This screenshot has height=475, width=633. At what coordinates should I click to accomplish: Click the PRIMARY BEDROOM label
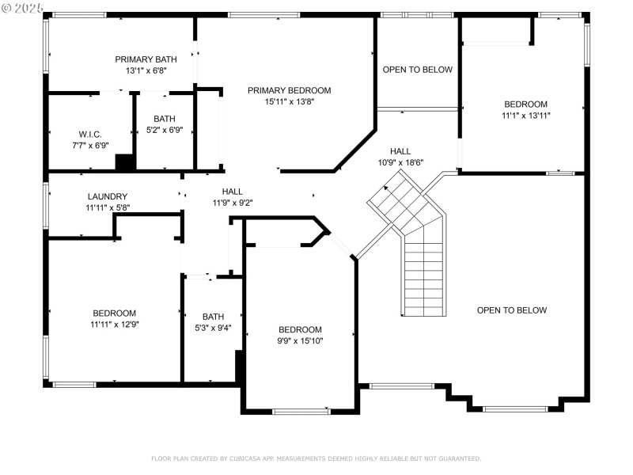tap(289, 90)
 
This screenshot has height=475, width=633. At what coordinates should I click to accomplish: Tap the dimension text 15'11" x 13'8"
tap(289, 101)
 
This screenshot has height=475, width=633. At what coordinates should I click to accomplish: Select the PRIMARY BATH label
tap(146, 59)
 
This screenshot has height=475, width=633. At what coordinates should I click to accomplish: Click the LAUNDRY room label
tap(108, 196)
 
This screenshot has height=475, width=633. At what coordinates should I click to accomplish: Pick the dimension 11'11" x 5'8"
tap(108, 207)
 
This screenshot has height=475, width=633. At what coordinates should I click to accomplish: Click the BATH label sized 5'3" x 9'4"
tap(213, 317)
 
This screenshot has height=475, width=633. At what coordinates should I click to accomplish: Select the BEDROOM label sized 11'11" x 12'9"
tap(114, 313)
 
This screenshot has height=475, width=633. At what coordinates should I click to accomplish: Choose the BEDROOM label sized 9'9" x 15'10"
tap(300, 329)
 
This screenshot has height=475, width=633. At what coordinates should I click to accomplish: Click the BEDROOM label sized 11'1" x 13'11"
tap(525, 104)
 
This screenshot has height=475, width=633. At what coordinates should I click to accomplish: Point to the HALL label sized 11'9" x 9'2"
tap(232, 191)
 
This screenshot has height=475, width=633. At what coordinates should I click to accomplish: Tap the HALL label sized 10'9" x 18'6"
tap(400, 151)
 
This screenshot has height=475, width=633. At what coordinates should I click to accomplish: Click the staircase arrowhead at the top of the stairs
tap(387, 189)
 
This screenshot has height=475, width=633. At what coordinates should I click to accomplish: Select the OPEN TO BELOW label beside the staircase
tap(511, 310)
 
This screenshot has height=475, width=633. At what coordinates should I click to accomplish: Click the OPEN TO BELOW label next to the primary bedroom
tap(417, 70)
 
